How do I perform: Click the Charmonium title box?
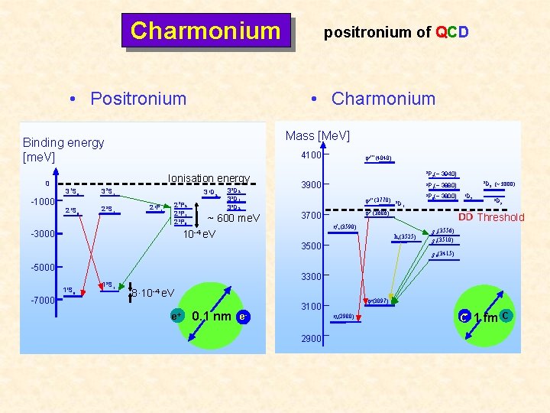(x=205, y=31)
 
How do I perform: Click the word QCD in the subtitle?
(x=451, y=32)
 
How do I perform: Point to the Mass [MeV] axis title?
(x=317, y=136)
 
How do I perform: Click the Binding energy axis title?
(x=63, y=149)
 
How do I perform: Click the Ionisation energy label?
(x=209, y=178)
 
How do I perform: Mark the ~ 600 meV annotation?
(x=234, y=218)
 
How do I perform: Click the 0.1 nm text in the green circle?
(x=212, y=315)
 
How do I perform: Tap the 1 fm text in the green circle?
(x=486, y=317)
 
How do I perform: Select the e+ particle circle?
(x=176, y=316)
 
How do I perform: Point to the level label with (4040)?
(x=379, y=159)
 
